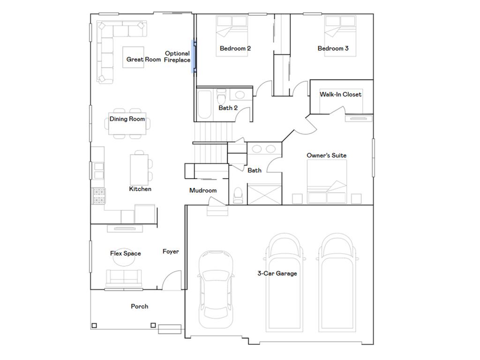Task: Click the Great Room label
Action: coord(143,60)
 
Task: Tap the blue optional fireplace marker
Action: coord(193,57)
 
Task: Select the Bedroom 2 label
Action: coord(235,48)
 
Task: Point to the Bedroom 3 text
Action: coord(333,48)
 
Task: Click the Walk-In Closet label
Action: coord(340,94)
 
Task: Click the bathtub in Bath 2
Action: coord(204,105)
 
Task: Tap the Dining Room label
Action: coord(127,119)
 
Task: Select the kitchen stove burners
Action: coord(99,196)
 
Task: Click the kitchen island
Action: coord(139,170)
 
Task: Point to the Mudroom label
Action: coord(203,190)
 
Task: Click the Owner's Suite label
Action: coord(327,156)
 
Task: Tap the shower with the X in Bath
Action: coord(264,194)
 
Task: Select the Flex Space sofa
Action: coord(124,278)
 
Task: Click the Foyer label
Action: coord(171,252)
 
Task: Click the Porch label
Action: coord(140,307)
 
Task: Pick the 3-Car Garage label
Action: coord(277,273)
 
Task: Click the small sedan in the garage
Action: coord(216,289)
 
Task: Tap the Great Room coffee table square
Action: coord(133,57)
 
